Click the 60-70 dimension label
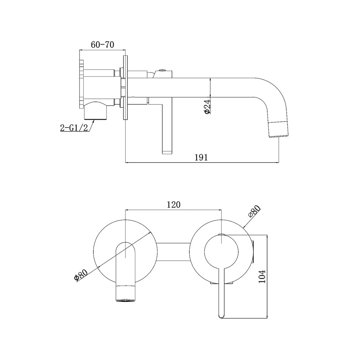(x=102, y=45)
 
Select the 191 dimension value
(x=201, y=157)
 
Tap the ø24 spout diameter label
(x=207, y=106)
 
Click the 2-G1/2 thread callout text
(x=74, y=127)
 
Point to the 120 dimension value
(x=174, y=205)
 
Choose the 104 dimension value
(x=262, y=276)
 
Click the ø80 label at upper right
(x=254, y=211)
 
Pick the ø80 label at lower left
(x=81, y=275)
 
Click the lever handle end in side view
(x=167, y=152)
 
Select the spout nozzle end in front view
(x=125, y=293)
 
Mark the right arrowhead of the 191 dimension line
(x=277, y=163)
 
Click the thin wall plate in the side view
(x=125, y=88)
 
